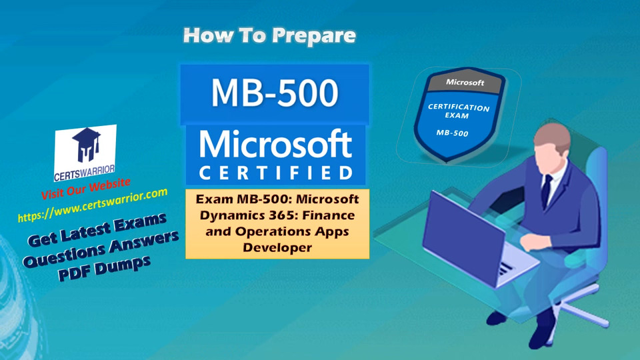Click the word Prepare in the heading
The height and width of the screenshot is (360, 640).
pos(314,36)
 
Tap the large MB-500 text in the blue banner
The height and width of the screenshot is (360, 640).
pos(275,93)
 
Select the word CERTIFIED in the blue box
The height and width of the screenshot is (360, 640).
pos(275,173)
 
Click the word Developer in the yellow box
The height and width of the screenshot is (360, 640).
pos(277,247)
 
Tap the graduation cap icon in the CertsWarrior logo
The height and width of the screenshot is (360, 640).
pos(87,145)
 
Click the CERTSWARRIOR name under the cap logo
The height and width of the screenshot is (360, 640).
pos(85,173)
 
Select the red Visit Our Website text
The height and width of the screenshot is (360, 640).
pos(86,189)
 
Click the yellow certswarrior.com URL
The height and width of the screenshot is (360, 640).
pos(93,205)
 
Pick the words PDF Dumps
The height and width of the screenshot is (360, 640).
pos(105,268)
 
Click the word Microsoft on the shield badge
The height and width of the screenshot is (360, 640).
pos(465,82)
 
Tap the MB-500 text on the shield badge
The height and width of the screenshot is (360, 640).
pos(452,133)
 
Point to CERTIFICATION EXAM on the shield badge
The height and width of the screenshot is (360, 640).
pos(458,111)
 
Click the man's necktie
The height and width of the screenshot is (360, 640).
pos(546,191)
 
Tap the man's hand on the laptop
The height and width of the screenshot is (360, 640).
pos(531,243)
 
